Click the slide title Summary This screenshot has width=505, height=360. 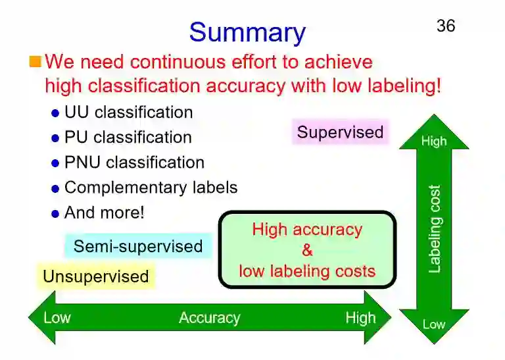247,32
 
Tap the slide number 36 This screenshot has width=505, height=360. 445,26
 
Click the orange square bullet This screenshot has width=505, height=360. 35,63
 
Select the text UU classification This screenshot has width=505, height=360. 128,113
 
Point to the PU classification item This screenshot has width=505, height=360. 128,138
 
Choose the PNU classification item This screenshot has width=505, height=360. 134,163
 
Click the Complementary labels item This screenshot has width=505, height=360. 151,188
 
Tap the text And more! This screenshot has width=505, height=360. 104,213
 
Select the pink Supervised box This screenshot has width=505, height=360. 340,132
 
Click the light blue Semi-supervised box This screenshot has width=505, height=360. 138,247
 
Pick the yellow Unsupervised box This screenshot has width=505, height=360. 96,276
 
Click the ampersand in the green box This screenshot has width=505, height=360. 307,250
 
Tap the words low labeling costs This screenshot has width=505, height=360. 307,270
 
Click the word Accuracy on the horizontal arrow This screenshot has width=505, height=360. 209,319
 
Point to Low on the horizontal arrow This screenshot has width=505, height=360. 57,319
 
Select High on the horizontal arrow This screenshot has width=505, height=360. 360,319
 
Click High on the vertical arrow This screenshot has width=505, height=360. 433,141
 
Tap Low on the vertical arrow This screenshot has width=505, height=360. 433,324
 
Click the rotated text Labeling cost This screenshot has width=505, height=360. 434,228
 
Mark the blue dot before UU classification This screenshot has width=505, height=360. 55,113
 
